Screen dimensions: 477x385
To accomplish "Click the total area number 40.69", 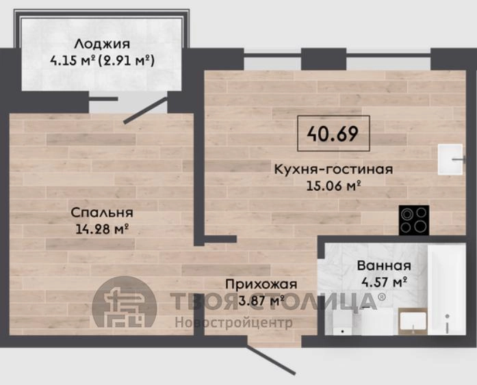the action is click(x=333, y=133).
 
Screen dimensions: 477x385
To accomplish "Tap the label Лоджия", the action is click(x=102, y=44).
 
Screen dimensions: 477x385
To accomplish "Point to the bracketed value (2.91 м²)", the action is click(x=127, y=61).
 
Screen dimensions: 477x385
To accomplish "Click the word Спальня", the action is click(x=102, y=213).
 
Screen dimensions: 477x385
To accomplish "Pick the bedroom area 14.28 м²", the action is click(x=101, y=229).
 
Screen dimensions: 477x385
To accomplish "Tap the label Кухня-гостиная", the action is click(x=333, y=169).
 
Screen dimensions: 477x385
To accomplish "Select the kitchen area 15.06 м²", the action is click(x=333, y=185).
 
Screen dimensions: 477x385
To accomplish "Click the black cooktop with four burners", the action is click(x=414, y=220).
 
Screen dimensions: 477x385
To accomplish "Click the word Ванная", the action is click(x=384, y=265).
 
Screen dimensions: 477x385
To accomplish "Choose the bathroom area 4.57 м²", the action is click(x=384, y=282).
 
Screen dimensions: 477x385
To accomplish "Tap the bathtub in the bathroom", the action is click(x=446, y=289).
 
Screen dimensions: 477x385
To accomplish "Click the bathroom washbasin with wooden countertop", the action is click(x=413, y=321).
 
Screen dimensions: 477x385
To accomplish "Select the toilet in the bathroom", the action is click(x=342, y=322).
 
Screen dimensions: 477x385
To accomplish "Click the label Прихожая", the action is click(x=261, y=284).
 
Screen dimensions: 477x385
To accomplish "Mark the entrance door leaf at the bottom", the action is click(x=271, y=360).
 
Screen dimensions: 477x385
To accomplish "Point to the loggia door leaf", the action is click(x=145, y=111).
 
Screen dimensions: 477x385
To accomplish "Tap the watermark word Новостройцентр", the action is click(x=233, y=322).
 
